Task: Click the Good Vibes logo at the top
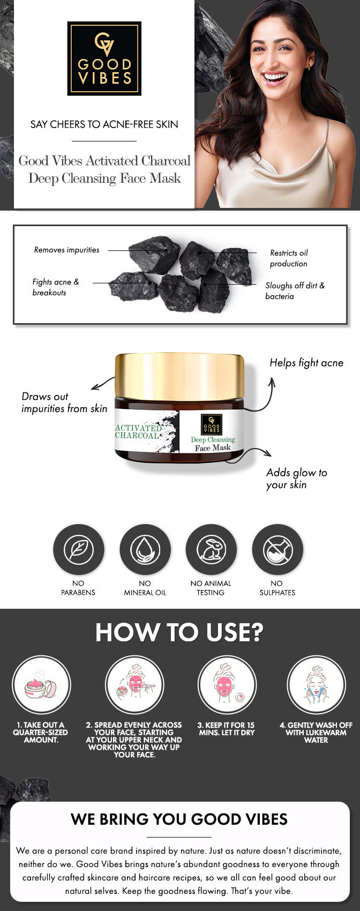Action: click(104, 58)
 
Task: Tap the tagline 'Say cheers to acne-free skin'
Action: click(104, 124)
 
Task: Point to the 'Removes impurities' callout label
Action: click(66, 250)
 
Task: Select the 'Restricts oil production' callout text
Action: click(289, 258)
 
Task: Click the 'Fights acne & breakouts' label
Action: click(55, 287)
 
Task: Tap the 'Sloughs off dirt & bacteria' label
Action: click(295, 291)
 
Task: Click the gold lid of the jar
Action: click(179, 375)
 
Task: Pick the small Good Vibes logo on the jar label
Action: click(211, 424)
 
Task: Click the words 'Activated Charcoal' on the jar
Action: click(138, 431)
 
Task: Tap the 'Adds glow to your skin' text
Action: click(296, 479)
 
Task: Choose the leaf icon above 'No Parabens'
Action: click(78, 549)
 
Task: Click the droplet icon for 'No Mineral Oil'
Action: click(145, 549)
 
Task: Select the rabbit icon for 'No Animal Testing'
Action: click(211, 549)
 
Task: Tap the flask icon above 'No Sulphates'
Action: click(277, 549)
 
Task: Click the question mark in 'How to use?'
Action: click(256, 632)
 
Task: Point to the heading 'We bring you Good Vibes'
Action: click(179, 819)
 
